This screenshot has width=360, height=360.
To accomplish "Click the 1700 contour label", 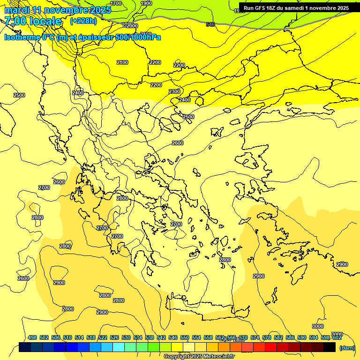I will tap(116, 3).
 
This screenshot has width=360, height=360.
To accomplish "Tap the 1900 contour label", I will tap(146, 3).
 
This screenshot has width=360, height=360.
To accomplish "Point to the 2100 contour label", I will tap(122, 62).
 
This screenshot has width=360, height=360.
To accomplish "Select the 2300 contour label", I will tap(174, 91).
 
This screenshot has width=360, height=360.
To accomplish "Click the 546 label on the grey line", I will tap(210, 24).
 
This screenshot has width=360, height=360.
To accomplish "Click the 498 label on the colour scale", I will tap(32, 337).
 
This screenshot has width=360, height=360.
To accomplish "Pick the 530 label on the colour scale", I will tap(126, 337).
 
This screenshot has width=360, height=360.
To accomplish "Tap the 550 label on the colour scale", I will tap(185, 337).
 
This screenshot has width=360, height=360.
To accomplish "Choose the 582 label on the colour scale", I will tap(278, 337).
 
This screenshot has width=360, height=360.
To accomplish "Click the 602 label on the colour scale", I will tap(337, 337).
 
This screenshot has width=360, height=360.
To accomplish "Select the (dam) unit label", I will tap(347, 348).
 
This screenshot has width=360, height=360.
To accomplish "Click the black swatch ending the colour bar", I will tap(330, 347).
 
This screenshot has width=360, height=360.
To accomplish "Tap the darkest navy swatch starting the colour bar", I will tap(25, 347).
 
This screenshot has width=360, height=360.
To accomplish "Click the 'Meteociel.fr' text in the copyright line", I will tap(217, 357).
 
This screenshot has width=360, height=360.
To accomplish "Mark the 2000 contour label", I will tap(132, 26).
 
